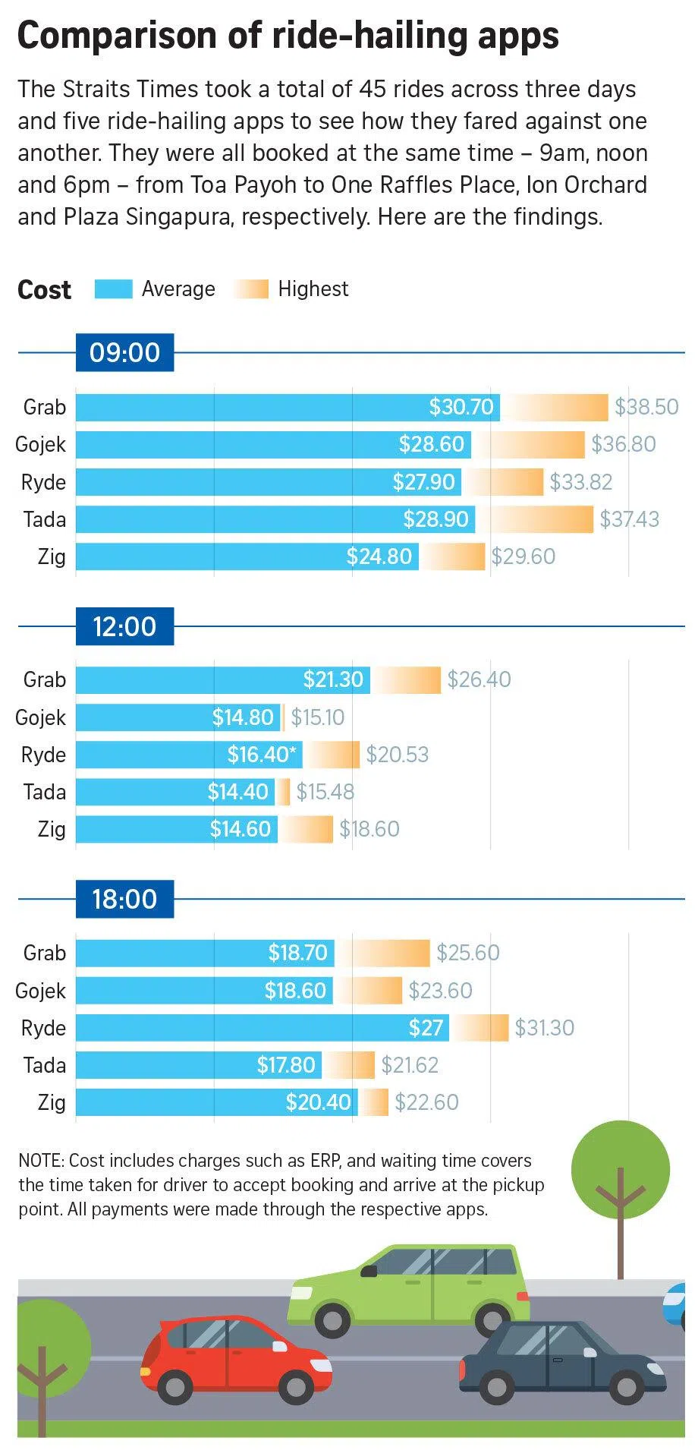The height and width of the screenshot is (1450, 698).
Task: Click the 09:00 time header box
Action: click(x=124, y=352)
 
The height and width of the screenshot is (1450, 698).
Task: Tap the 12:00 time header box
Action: click(x=124, y=626)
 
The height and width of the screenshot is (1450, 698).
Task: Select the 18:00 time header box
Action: click(x=124, y=899)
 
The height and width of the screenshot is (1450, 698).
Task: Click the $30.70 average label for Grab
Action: click(x=461, y=407)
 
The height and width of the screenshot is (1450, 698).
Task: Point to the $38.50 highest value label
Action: click(x=646, y=407)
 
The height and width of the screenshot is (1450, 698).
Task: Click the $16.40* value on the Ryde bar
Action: click(x=263, y=755)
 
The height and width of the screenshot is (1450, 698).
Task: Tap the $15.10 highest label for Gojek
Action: click(x=317, y=717)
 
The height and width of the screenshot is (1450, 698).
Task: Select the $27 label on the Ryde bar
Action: click(x=426, y=1028)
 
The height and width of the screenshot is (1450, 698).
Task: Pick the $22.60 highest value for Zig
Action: click(x=426, y=1102)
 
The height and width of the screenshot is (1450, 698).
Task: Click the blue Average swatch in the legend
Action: click(x=113, y=289)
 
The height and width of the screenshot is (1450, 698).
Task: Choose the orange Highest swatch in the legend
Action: click(x=251, y=289)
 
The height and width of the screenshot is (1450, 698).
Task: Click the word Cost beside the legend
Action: click(x=44, y=290)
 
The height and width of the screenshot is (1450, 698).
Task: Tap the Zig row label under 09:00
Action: click(x=52, y=556)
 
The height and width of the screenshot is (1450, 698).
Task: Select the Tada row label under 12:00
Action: click(x=45, y=792)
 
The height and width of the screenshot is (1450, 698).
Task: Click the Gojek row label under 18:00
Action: click(x=41, y=991)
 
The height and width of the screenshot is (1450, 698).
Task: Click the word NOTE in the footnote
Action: click(x=42, y=1161)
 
